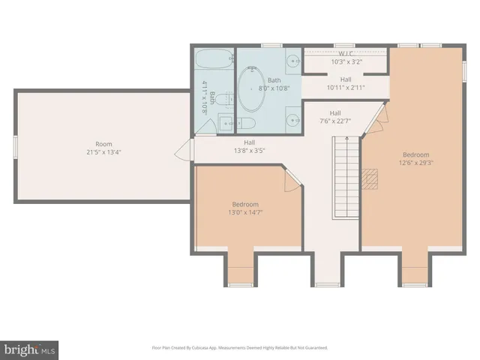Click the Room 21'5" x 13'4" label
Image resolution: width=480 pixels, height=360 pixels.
103,147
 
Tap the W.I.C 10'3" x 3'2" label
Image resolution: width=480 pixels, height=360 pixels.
346,58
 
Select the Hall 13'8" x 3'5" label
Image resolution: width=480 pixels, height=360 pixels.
249,146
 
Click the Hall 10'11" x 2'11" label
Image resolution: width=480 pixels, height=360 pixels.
345,83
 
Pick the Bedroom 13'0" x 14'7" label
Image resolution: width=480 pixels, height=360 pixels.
244,208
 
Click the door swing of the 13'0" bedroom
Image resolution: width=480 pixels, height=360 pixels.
292,178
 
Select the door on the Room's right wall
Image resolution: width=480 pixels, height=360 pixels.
181,154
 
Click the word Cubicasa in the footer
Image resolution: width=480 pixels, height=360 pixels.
198,348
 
